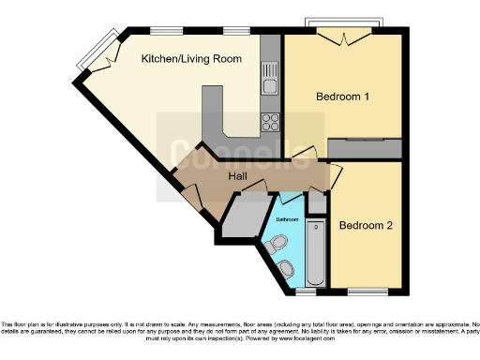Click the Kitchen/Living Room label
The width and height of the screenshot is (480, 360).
(x=191, y=59)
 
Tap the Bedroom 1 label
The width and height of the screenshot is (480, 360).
(x=342, y=97)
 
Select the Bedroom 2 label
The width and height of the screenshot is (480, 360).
(x=365, y=225)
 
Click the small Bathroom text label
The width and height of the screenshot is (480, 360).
(x=288, y=218)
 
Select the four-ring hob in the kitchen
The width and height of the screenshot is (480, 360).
(x=271, y=121)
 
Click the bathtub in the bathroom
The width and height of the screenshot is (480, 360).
(x=315, y=253)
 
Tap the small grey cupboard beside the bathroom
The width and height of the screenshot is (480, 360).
(x=317, y=200)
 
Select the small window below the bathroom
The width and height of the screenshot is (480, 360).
(x=302, y=290)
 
